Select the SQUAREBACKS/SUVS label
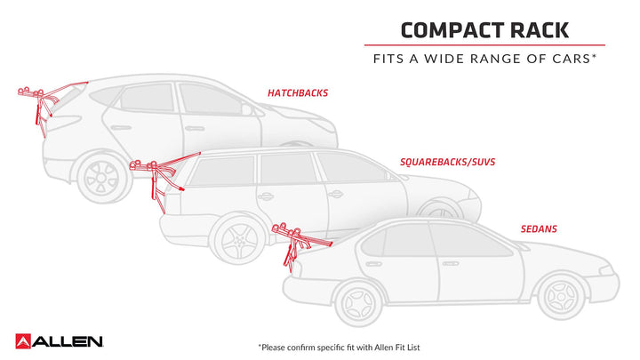pos(448,162)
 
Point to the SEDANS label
pos(539,228)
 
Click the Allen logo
pos(60,340)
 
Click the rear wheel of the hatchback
pos(99,178)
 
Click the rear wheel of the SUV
pos(234,240)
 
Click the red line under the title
pos(484,45)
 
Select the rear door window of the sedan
pos(396,241)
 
